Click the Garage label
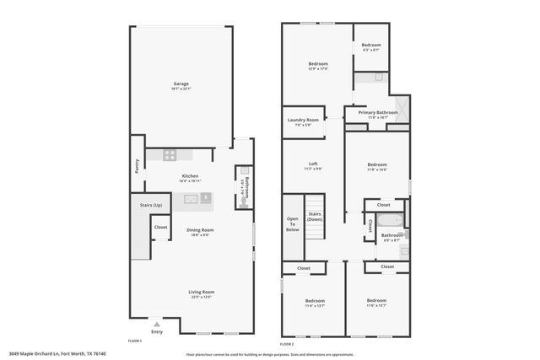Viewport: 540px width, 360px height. (181, 83)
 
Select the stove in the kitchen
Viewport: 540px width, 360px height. (169, 155)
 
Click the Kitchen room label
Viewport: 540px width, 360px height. (190, 175)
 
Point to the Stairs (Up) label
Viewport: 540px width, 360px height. (140, 206)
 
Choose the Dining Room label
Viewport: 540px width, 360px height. (200, 229)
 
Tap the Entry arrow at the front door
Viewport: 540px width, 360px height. (155, 323)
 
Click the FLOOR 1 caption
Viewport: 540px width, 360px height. (133, 340)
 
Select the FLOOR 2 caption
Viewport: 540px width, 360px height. (287, 344)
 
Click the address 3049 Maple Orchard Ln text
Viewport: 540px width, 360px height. (51, 354)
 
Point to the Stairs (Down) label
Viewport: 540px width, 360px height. (314, 215)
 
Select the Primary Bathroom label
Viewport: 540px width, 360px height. (377, 112)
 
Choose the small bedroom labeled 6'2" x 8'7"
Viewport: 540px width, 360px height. (371, 46)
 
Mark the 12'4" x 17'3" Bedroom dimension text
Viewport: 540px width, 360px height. (318, 69)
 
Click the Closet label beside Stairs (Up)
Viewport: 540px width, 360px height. (159, 227)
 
